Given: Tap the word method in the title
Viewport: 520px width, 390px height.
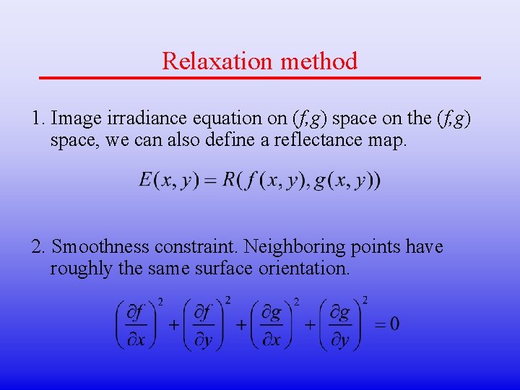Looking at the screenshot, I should pyautogui.click(x=319, y=61).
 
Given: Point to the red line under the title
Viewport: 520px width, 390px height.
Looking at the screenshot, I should pyautogui.click(x=260, y=77).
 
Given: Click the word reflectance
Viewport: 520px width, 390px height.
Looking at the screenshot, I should pyautogui.click(x=322, y=139).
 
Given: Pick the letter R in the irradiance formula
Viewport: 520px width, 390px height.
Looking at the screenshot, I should pyautogui.click(x=231, y=180).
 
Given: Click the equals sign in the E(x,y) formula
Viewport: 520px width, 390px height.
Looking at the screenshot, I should pyautogui.click(x=210, y=181).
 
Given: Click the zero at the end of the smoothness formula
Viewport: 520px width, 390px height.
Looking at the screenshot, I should pyautogui.click(x=394, y=324).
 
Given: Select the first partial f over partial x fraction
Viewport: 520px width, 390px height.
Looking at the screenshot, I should pyautogui.click(x=136, y=324).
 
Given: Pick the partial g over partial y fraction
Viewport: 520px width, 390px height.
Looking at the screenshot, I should pyautogui.click(x=339, y=324).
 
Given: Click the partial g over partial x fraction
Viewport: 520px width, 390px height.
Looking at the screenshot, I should pyautogui.click(x=272, y=324).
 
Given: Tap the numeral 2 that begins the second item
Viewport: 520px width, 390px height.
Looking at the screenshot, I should pyautogui.click(x=37, y=247).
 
